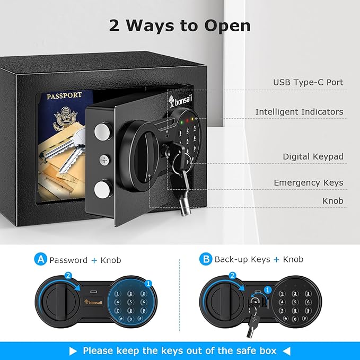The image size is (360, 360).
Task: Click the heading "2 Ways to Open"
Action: (180, 25)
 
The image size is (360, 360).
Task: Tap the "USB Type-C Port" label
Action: (308, 82)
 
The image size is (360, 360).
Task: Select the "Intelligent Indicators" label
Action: (299, 112)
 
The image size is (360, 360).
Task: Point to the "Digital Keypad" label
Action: (313, 156)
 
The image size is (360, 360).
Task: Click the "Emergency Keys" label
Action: (308, 183)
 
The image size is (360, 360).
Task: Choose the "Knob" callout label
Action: (333, 201)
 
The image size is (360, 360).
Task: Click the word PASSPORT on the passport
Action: (64, 96)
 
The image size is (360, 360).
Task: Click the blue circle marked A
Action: (40, 259)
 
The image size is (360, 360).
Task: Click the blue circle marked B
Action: (205, 259)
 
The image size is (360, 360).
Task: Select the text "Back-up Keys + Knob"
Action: (259, 260)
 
